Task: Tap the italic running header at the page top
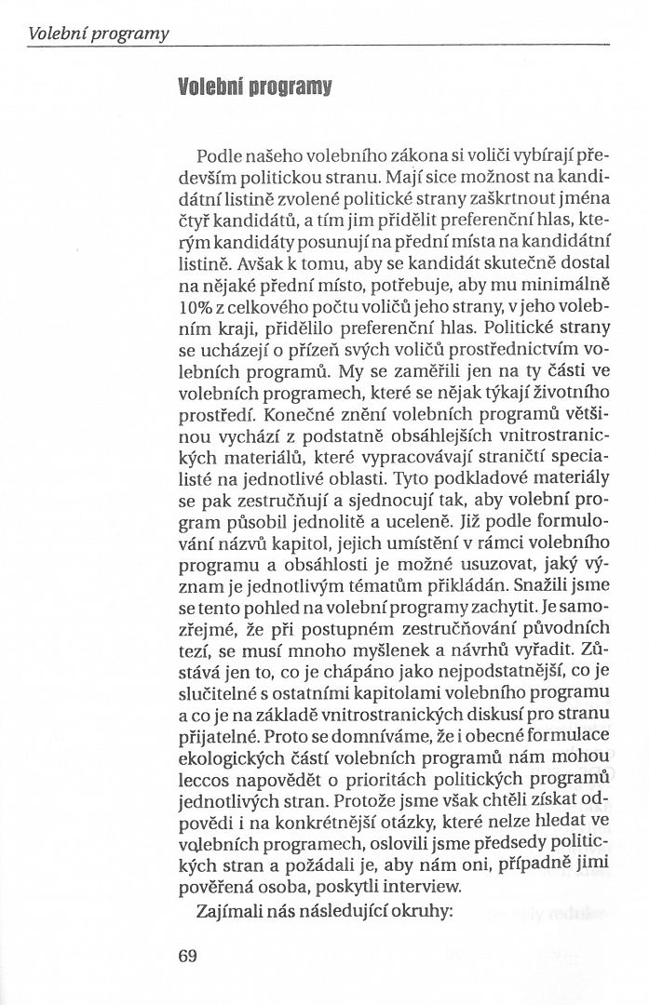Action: coord(99,34)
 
